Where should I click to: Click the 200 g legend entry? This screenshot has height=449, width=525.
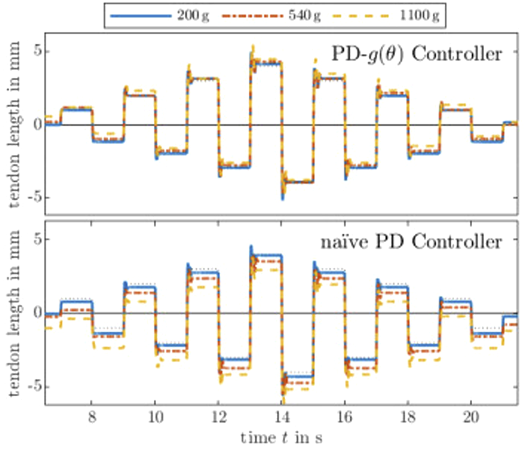coord(159,16)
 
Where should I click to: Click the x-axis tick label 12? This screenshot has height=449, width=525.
coord(219,418)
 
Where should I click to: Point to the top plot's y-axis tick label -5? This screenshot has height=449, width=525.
coord(33,198)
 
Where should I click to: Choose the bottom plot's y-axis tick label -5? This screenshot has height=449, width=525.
coord(33,387)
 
